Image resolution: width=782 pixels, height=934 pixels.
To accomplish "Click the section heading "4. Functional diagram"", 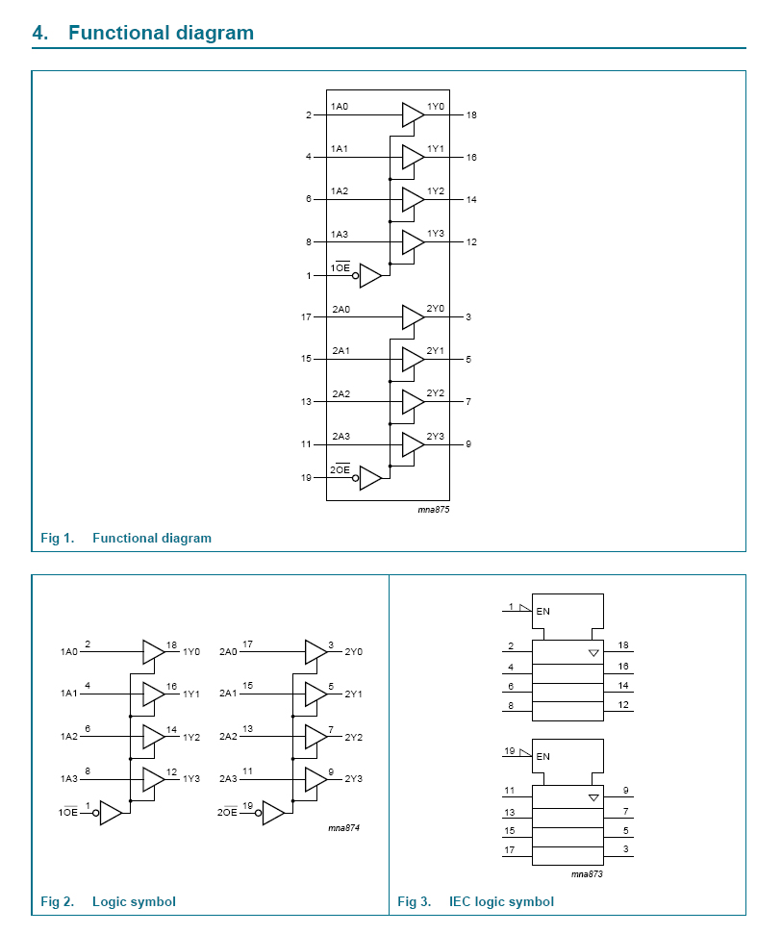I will pos(143,33).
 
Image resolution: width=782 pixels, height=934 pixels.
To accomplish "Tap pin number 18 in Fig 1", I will pos(471,115).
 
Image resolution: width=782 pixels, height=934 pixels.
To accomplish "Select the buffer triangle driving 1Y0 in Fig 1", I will pos(413,114).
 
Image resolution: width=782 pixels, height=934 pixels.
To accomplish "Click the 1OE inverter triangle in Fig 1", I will pos(370,275).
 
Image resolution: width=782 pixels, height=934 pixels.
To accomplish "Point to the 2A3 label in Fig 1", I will pos(341,437).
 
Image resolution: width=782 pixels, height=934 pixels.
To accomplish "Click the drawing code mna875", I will pos(434,510).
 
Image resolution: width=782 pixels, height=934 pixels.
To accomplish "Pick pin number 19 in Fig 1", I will pos(306,478).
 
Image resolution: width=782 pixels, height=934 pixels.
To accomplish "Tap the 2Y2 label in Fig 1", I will pos(436,393).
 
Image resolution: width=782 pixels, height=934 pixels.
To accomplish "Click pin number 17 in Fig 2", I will pos(247,644).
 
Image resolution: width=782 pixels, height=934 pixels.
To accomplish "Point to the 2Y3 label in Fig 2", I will pos(354,779).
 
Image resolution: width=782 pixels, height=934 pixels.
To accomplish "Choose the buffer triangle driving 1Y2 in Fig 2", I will pos(153,737).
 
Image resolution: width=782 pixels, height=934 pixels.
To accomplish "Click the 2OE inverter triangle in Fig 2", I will pos(273,814).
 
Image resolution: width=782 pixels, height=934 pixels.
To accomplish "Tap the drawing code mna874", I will pos(343,828).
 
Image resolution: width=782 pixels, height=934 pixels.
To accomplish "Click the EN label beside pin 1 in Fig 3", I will pos(543,612).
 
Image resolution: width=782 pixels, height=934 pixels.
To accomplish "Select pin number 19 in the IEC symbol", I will pos(510,750).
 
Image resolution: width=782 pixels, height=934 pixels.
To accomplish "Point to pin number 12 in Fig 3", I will pos(623,706).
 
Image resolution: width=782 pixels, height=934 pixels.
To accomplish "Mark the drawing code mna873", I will pos(587,873).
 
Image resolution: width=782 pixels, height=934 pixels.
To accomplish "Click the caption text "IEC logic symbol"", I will pos(501,901).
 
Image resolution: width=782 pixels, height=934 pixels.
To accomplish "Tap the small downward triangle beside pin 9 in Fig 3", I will pos(593,797).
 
